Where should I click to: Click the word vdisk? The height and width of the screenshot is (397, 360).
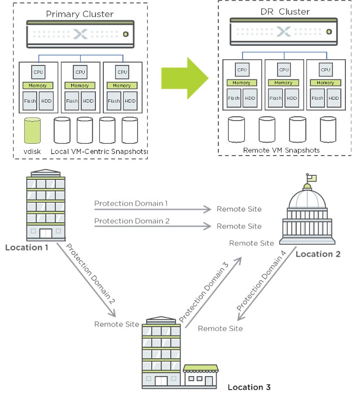pyautogui.click(x=33, y=152)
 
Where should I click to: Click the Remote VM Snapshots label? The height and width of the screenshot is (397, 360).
pyautogui.click(x=282, y=151)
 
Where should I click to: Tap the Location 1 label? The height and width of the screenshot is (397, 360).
pyautogui.click(x=27, y=247)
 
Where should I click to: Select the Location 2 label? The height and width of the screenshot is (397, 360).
pyautogui.click(x=318, y=254)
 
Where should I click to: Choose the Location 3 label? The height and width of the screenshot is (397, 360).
pyautogui.click(x=249, y=387)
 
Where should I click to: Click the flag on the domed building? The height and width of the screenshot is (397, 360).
pyautogui.click(x=311, y=178)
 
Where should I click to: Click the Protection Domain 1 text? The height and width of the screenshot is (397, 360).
pyautogui.click(x=131, y=203)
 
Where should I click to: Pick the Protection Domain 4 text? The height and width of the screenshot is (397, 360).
pyautogui.click(x=265, y=281)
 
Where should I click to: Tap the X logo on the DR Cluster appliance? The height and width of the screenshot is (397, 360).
pyautogui.click(x=284, y=32)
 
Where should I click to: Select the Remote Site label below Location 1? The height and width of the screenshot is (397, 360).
pyautogui.click(x=117, y=324)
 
